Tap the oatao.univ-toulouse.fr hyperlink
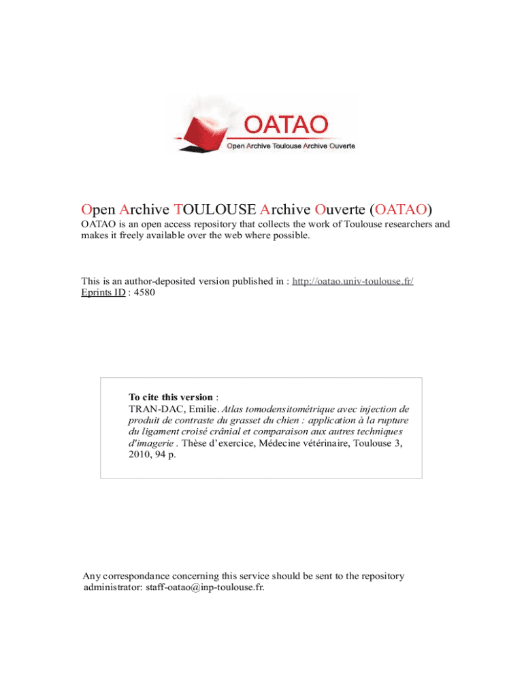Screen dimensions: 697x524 [x=353, y=281]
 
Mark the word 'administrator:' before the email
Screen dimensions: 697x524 [x=112, y=587]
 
